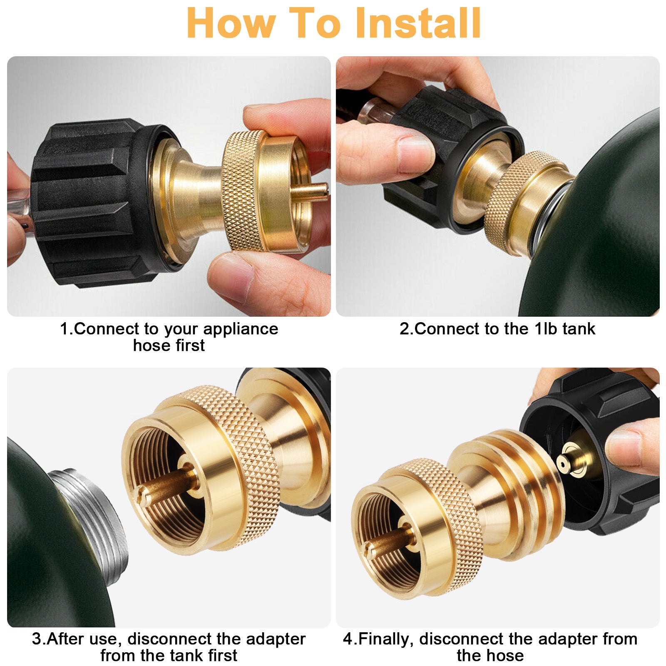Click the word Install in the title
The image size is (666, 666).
click(x=419, y=23)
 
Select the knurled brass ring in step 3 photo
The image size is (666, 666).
click(x=237, y=466)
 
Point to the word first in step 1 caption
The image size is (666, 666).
click(x=187, y=345)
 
